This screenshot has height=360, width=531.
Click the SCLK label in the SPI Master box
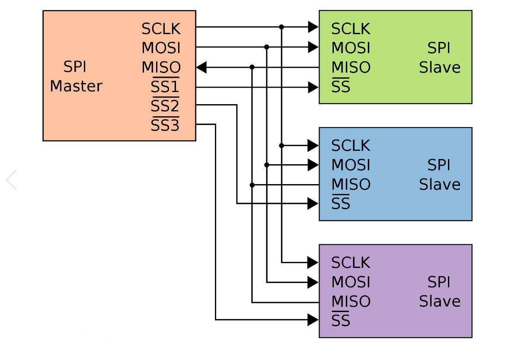pos(161,29)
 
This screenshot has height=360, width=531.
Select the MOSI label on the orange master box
pos(161,48)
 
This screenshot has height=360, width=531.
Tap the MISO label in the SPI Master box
pos(161,67)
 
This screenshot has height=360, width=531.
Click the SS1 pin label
pos(165,87)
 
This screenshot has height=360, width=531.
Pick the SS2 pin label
pos(165,106)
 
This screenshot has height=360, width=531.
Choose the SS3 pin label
pos(165,126)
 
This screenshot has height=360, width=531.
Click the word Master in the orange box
pos(76,86)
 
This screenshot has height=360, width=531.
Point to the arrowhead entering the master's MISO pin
pos(202,67)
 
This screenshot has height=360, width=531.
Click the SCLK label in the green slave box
pos(351,29)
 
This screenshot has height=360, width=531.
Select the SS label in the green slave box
pos(341,87)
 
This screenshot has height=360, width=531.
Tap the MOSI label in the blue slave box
pos(351,165)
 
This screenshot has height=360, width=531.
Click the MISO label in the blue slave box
pos(351,185)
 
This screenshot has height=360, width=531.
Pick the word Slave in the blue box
pos(439,185)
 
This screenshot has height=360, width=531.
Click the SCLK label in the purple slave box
pos(351,263)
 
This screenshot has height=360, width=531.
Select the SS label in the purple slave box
pos(341,321)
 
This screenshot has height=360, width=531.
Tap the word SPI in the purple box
pos(439,282)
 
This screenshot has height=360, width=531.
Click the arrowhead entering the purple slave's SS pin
pos(313,320)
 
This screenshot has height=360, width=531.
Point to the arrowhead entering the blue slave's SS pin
pos(313,203)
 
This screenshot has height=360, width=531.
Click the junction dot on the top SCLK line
pos(281,27)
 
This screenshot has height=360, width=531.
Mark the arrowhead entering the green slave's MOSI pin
pos(313,47)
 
